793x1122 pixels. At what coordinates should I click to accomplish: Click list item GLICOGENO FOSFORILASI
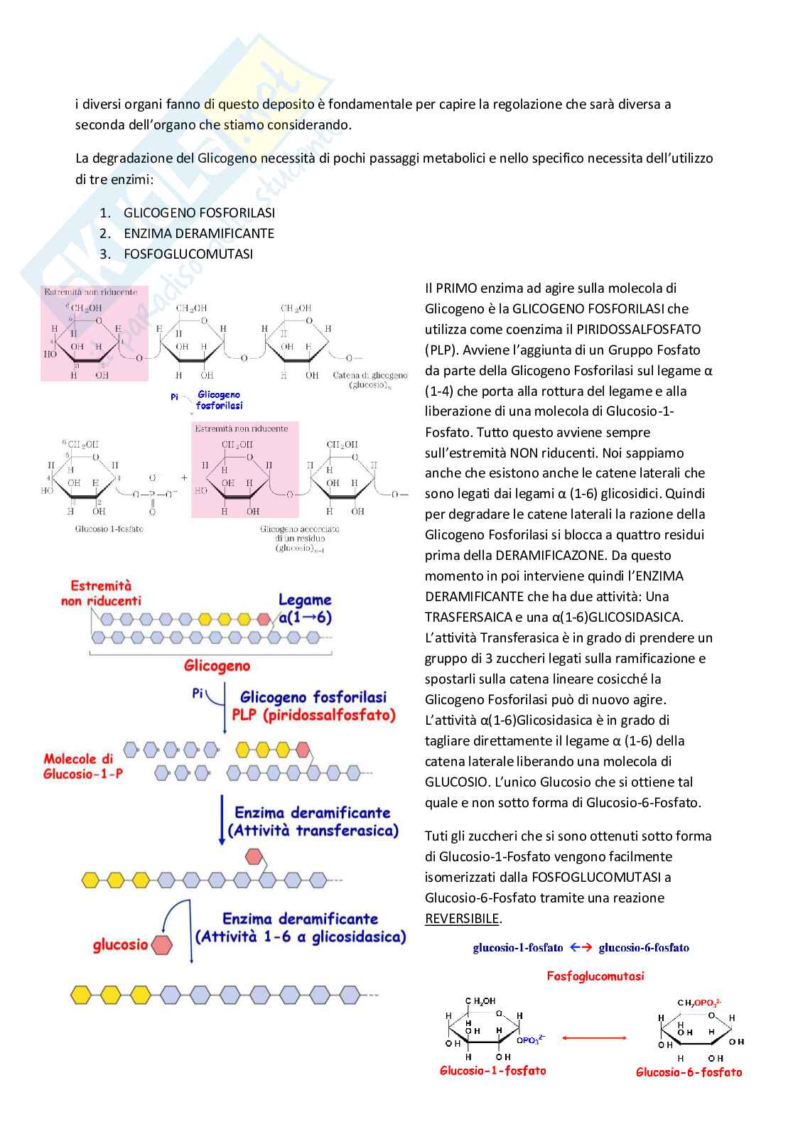[x=199, y=212]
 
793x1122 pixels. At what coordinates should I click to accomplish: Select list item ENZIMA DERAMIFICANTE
[x=198, y=233]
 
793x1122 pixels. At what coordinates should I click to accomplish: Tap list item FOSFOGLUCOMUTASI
[x=188, y=254]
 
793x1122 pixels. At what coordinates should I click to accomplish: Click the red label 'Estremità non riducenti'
[x=101, y=593]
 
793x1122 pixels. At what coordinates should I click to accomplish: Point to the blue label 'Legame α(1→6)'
[x=305, y=609]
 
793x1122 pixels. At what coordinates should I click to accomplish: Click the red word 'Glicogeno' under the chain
[x=217, y=666]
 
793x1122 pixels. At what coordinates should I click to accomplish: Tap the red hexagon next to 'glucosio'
[x=163, y=945]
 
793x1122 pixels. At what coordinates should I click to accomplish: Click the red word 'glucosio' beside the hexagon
[x=120, y=945]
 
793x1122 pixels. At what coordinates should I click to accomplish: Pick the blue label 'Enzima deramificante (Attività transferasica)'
[x=313, y=821]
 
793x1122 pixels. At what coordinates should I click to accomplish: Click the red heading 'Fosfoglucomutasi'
[x=595, y=976]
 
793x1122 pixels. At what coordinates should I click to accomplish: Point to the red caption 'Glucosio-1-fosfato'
[x=493, y=1070]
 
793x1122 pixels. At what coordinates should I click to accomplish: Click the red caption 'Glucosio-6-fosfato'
[x=689, y=1072]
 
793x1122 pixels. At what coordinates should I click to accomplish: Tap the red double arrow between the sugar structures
[x=594, y=1038]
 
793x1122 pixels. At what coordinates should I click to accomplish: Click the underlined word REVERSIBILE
[x=462, y=918]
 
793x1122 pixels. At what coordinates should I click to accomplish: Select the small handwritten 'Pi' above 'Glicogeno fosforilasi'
[x=174, y=397]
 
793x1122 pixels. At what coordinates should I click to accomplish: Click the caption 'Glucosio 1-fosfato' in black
[x=109, y=529]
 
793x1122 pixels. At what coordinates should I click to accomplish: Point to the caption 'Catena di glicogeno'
[x=370, y=375]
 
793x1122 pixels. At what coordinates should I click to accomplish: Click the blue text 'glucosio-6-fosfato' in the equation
[x=644, y=947]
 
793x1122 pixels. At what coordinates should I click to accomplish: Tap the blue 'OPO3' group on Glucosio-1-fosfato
[x=531, y=1040]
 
